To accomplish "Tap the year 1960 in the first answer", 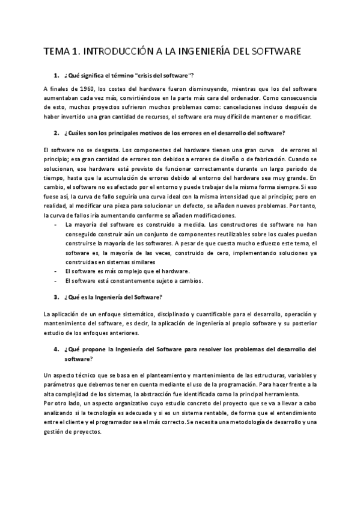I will click(82, 89).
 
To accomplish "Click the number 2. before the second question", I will click(56, 132).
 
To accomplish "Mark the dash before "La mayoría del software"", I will click(55, 224).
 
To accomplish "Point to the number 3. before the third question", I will click(56, 297).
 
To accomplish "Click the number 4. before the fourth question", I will click(56, 349).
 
